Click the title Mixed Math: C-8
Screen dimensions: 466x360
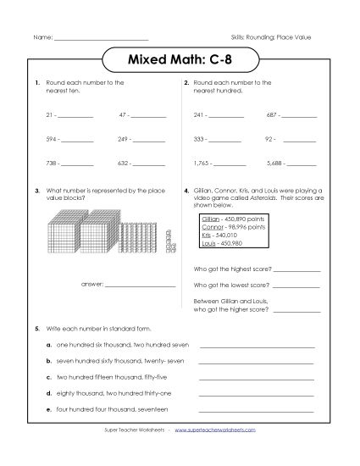180,61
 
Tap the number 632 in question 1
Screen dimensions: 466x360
123,162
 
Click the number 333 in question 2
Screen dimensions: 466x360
200,137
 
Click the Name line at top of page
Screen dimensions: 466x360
101,39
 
